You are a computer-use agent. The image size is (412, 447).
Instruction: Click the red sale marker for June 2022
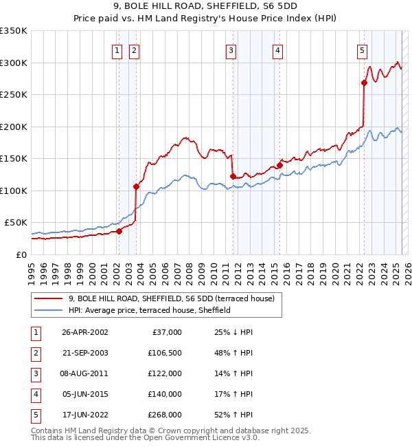coord(364,83)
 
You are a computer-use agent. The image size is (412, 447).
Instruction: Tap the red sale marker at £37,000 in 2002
coord(119,231)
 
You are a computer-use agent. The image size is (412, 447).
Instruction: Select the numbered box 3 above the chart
coord(231,50)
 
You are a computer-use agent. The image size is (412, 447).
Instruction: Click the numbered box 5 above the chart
coord(362,50)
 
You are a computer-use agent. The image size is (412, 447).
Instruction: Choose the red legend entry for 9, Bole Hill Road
coord(171,298)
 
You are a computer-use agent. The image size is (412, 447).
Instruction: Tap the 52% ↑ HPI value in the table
coord(233,415)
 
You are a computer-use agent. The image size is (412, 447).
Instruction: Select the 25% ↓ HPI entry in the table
coord(233,332)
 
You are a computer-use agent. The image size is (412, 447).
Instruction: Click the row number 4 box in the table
coord(35,394)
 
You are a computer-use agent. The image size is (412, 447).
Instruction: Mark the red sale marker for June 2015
coord(279,165)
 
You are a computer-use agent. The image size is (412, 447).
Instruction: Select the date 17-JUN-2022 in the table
coord(84,415)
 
